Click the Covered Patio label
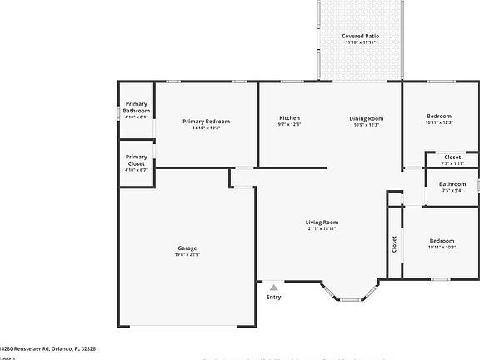361,36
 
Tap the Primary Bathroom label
136,107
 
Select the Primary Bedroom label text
206,122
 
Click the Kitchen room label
289,118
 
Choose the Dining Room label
366,118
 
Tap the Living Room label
322,222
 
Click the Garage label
187,248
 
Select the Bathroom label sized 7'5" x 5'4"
452,184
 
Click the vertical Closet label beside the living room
394,243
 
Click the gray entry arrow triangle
273,287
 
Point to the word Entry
273,297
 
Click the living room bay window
349,292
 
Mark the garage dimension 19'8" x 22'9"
187,255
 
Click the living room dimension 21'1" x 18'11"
322,229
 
